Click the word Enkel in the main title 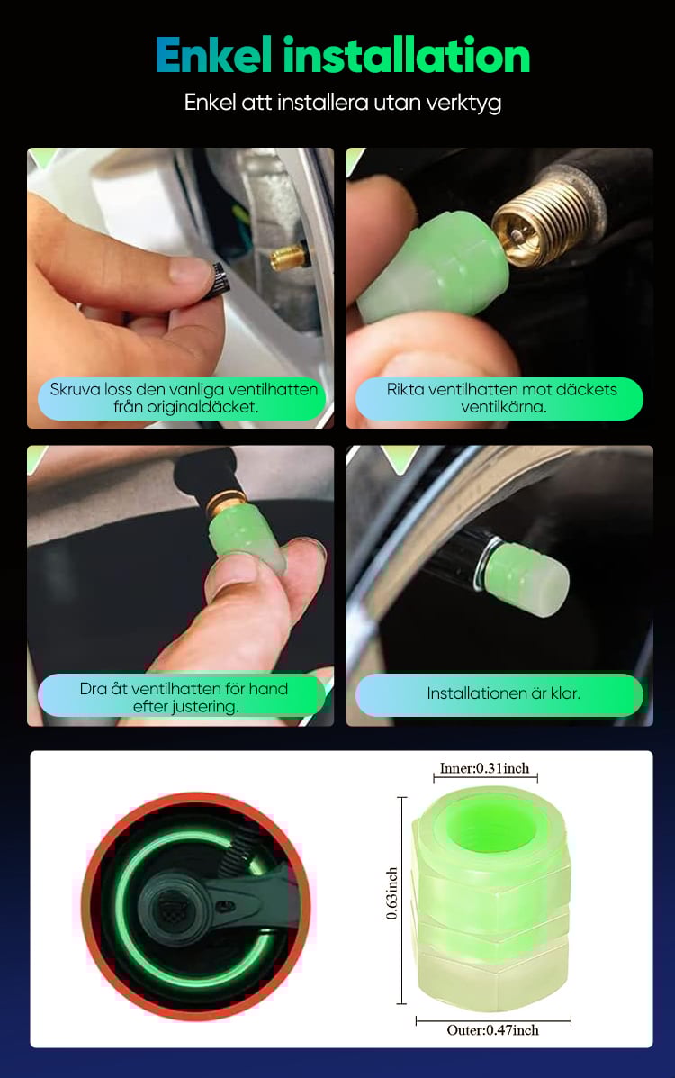click(x=214, y=55)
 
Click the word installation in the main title click(x=407, y=55)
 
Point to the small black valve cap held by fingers click(x=219, y=278)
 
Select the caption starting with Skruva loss click(x=184, y=398)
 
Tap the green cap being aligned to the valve click(x=433, y=268)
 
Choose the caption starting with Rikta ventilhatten click(x=502, y=398)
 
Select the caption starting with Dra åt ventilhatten click(x=184, y=697)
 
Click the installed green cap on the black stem click(x=529, y=576)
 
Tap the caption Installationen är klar click(x=504, y=693)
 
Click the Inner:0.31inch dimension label click(x=484, y=768)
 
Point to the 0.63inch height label click(x=391, y=893)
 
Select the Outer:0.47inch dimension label click(x=493, y=1030)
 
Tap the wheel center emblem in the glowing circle click(x=172, y=911)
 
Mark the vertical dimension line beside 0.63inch click(x=403, y=901)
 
